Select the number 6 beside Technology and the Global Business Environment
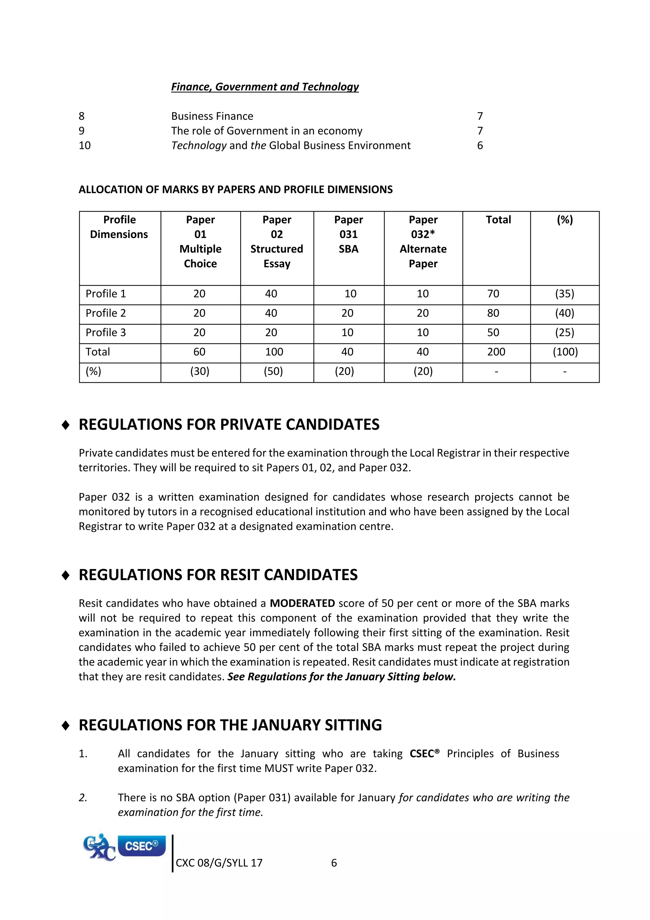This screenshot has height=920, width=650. pyautogui.click(x=480, y=145)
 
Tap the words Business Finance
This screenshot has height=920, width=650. pyautogui.click(x=212, y=116)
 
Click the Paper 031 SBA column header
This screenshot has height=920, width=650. pyautogui.click(x=348, y=234)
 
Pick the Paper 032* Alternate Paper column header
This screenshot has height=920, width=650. pyautogui.click(x=423, y=242)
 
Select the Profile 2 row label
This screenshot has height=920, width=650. pyautogui.click(x=106, y=313)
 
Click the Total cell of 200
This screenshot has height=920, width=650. pyautogui.click(x=496, y=352)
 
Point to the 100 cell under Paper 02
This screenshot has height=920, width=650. pyautogui.click(x=274, y=352)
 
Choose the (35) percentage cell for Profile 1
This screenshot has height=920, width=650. pyautogui.click(x=564, y=294)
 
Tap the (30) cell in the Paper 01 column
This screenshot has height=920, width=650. pyautogui.click(x=200, y=371)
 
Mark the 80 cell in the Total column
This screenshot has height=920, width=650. pyautogui.click(x=493, y=313)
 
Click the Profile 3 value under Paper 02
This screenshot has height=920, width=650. pyautogui.click(x=271, y=332)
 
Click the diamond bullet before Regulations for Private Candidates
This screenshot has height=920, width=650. pyautogui.click(x=66, y=425)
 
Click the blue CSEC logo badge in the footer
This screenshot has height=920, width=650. pyautogui.click(x=141, y=846)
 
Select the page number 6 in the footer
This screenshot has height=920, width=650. pyautogui.click(x=334, y=863)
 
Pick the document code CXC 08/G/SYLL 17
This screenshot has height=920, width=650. pyautogui.click(x=219, y=863)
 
